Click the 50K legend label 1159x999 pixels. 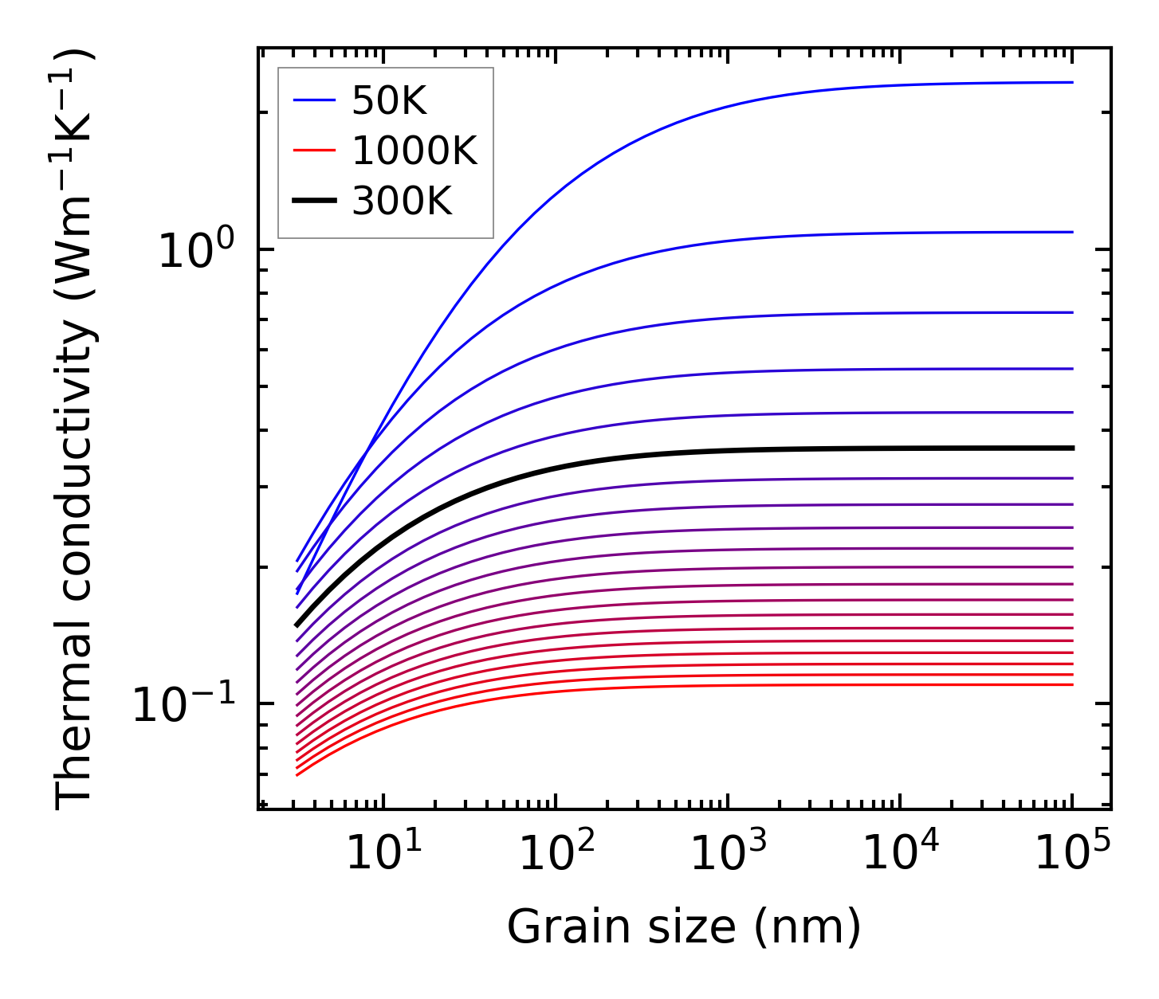click(x=389, y=101)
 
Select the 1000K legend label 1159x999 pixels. click(x=414, y=151)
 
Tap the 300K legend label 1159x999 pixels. click(x=402, y=202)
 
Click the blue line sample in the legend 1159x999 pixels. click(x=314, y=100)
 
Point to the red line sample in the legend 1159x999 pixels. click(x=314, y=151)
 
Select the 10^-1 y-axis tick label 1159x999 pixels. click(x=185, y=704)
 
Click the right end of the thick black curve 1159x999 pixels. click(x=1073, y=449)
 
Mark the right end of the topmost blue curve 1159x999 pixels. click(x=1073, y=82)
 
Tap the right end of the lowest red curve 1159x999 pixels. click(x=1073, y=684)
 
